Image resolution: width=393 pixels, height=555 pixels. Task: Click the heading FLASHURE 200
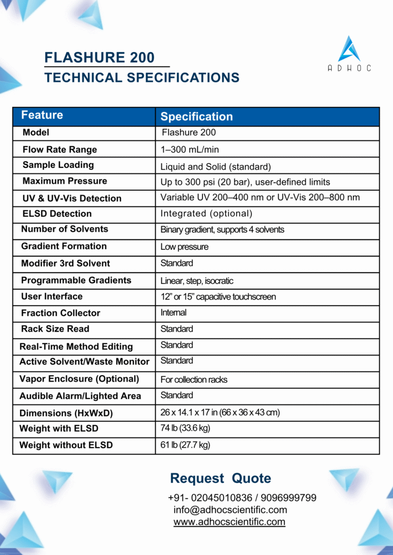(99, 57)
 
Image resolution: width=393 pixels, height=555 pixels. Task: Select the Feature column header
(42, 115)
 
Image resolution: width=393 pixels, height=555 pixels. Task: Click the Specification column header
(196, 117)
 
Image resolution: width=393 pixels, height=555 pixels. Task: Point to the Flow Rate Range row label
(60, 150)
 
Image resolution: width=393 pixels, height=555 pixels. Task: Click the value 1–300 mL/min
(190, 150)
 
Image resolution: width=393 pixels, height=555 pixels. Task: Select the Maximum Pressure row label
(65, 181)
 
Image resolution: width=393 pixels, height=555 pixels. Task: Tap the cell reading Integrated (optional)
(206, 214)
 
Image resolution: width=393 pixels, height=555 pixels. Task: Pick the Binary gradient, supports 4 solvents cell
(222, 230)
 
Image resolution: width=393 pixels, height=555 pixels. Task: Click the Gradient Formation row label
(64, 246)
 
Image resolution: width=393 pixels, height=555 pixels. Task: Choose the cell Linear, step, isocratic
(196, 281)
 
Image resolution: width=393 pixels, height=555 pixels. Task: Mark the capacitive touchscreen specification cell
(218, 296)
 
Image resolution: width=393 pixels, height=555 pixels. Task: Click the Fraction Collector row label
(60, 313)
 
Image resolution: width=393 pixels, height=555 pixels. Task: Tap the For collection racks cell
(194, 379)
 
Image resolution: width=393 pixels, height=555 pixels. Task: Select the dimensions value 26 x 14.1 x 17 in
(220, 412)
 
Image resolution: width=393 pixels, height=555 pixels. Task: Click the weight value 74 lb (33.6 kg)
(185, 428)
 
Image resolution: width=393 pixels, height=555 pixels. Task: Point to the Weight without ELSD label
(66, 445)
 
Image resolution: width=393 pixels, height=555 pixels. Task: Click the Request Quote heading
(220, 479)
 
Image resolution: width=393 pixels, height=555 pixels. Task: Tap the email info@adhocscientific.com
(230, 510)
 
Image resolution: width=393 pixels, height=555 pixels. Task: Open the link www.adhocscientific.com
(229, 522)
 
